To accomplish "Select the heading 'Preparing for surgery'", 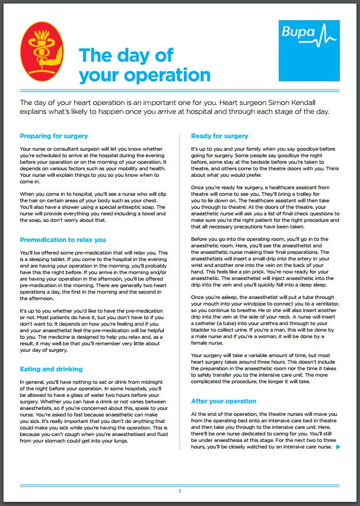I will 54,136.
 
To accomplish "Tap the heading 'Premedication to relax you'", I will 63,240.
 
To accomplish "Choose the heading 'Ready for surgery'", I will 219,136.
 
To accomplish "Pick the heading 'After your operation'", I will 224,400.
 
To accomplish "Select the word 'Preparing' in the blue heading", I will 37,136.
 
